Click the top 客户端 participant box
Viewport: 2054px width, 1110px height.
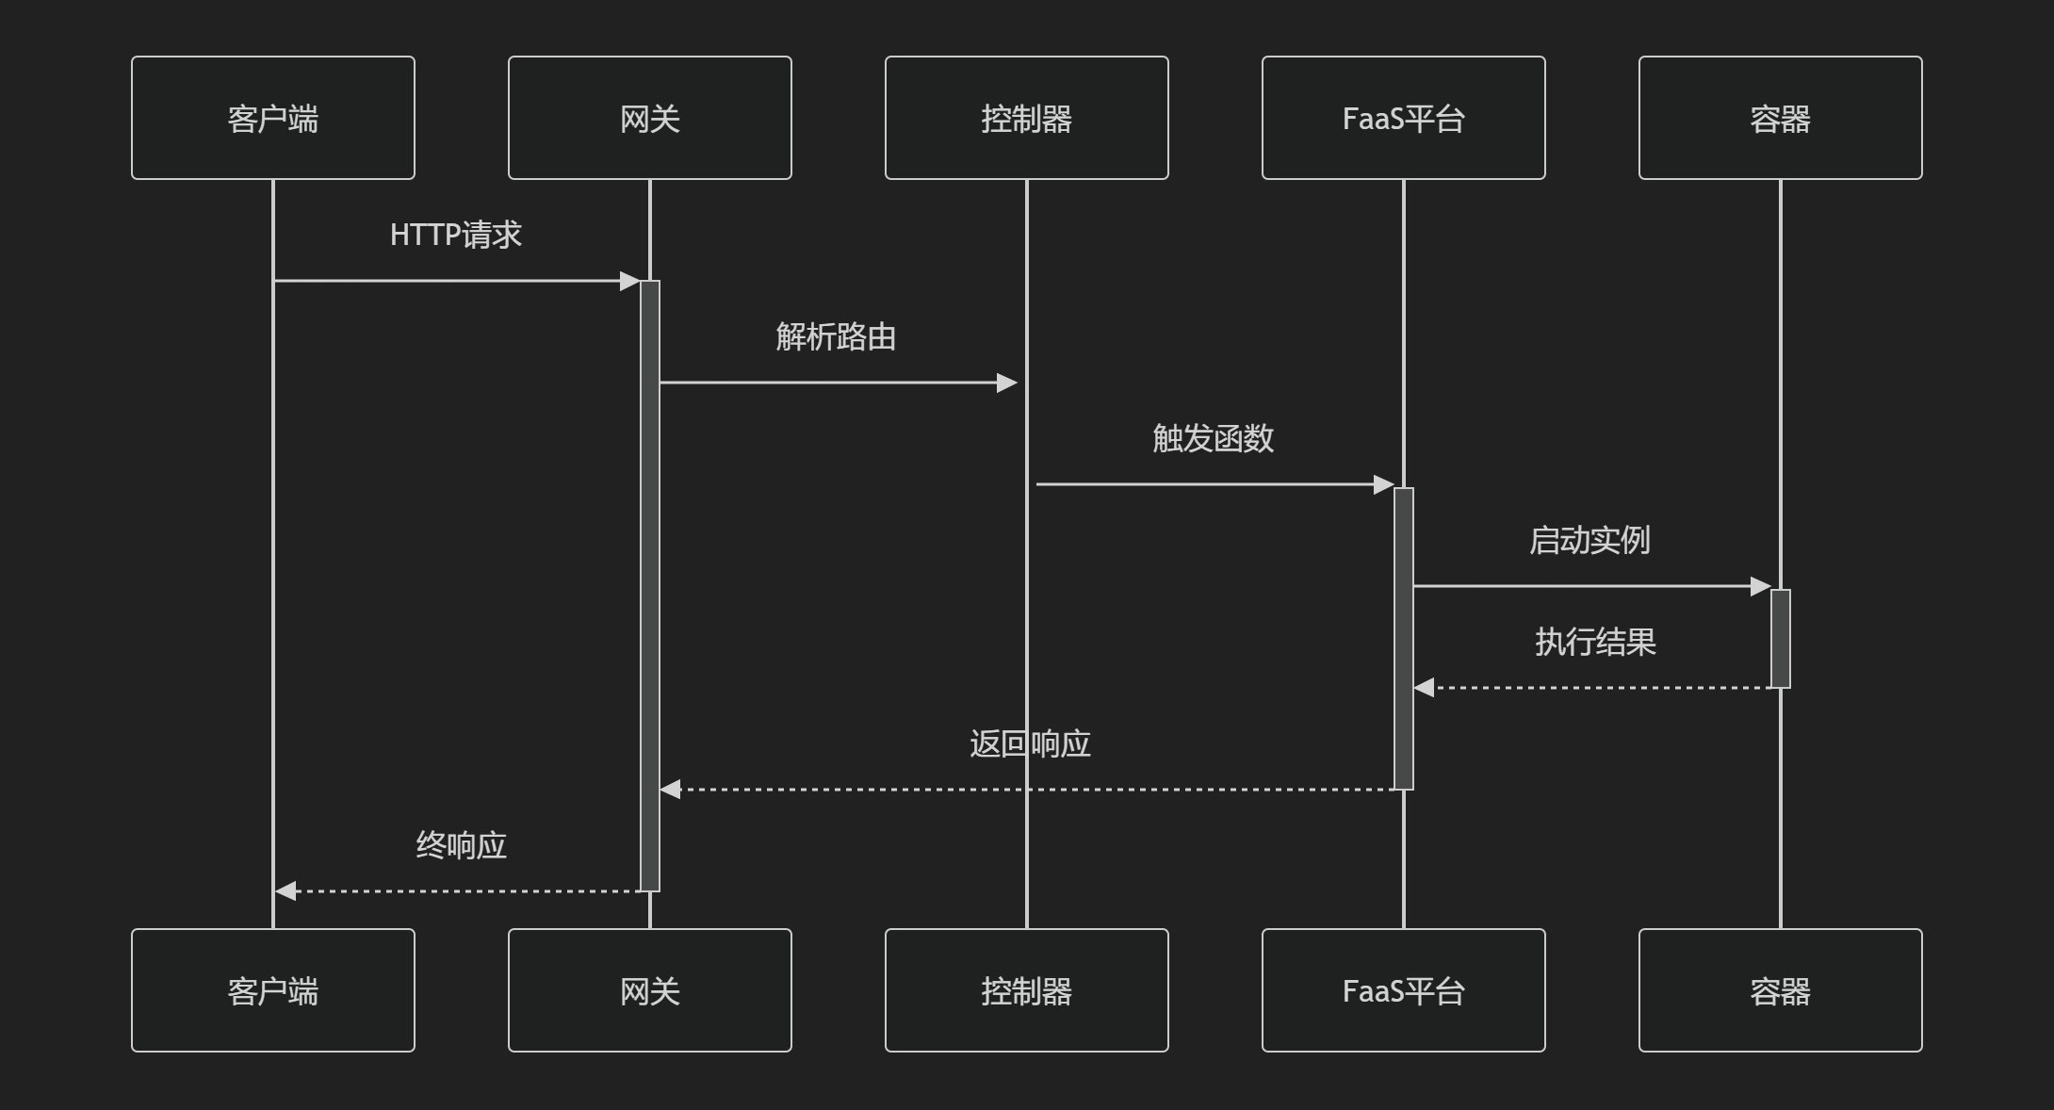pos(273,118)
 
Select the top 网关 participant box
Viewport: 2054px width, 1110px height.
pos(650,118)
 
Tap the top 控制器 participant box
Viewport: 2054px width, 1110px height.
pos(1027,118)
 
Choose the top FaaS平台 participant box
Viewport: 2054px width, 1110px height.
pos(1404,118)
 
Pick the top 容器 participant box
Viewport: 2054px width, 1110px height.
pos(1781,118)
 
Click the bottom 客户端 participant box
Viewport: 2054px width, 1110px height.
pos(273,990)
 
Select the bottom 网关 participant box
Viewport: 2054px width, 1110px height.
pos(650,990)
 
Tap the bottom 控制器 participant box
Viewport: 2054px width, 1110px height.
pos(1027,990)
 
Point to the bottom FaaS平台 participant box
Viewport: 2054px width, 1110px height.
pos(1404,990)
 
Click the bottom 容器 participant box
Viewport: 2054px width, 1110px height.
pos(1781,990)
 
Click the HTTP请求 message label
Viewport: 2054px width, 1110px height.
pos(456,235)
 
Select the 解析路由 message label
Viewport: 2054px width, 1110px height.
pos(836,336)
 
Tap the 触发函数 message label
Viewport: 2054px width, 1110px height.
pos(1213,438)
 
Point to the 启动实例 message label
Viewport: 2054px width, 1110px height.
pos(1589,540)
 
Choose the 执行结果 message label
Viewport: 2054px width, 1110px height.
pos(1595,642)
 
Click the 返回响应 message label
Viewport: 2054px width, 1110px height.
pos(1030,743)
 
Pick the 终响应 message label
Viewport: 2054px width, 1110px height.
pos(462,845)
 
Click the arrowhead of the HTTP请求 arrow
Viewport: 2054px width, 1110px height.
pos(630,281)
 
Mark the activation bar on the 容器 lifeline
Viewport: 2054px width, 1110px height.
pos(1781,639)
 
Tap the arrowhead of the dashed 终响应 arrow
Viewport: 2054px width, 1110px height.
pos(285,891)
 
